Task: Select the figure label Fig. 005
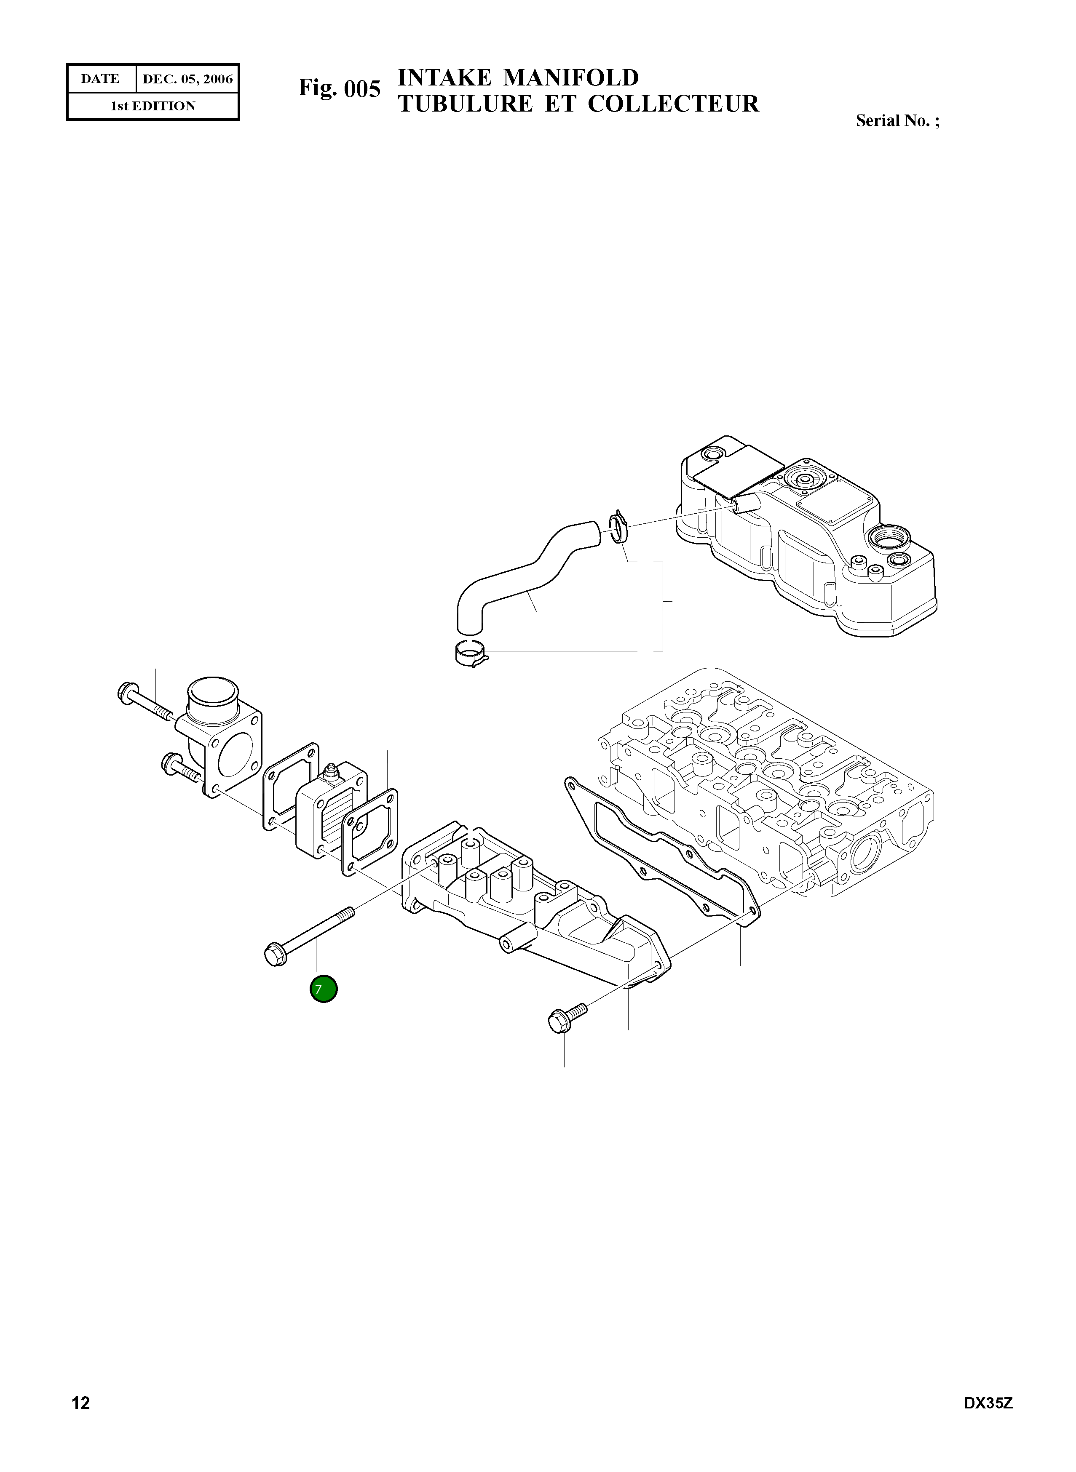point(339,88)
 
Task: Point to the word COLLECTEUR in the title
point(674,104)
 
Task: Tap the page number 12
point(81,1421)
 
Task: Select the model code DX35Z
point(988,1421)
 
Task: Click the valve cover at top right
point(808,540)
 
